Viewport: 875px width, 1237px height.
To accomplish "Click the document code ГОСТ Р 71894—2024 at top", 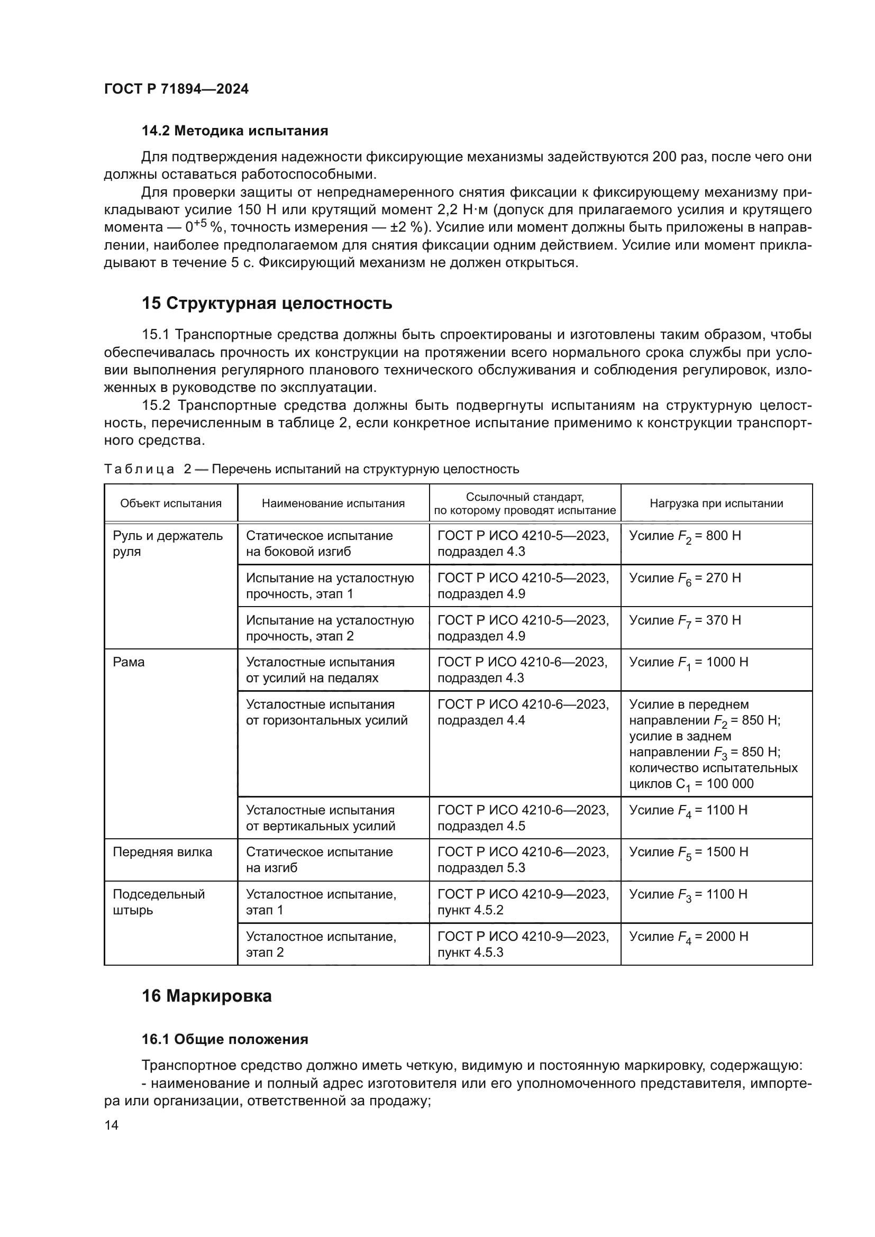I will point(176,89).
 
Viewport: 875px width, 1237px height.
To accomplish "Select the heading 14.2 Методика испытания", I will point(234,131).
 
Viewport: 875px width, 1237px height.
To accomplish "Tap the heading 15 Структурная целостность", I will point(267,304).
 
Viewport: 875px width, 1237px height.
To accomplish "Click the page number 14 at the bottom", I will point(112,1125).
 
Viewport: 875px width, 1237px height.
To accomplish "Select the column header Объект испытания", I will point(171,503).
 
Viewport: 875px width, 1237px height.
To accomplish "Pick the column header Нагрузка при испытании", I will point(716,503).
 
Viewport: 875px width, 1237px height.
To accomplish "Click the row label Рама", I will point(129,662).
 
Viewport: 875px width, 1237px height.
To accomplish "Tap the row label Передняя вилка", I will point(162,852).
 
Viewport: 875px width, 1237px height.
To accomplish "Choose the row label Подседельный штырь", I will point(158,902).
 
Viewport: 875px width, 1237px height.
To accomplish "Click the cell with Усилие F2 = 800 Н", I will point(685,537).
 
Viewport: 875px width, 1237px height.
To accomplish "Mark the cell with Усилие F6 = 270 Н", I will point(685,579).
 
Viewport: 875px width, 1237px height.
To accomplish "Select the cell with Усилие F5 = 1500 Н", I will point(689,853).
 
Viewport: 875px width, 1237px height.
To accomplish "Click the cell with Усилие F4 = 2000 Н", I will point(689,937).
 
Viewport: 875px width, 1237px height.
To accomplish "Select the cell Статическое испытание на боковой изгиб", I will point(319,544).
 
